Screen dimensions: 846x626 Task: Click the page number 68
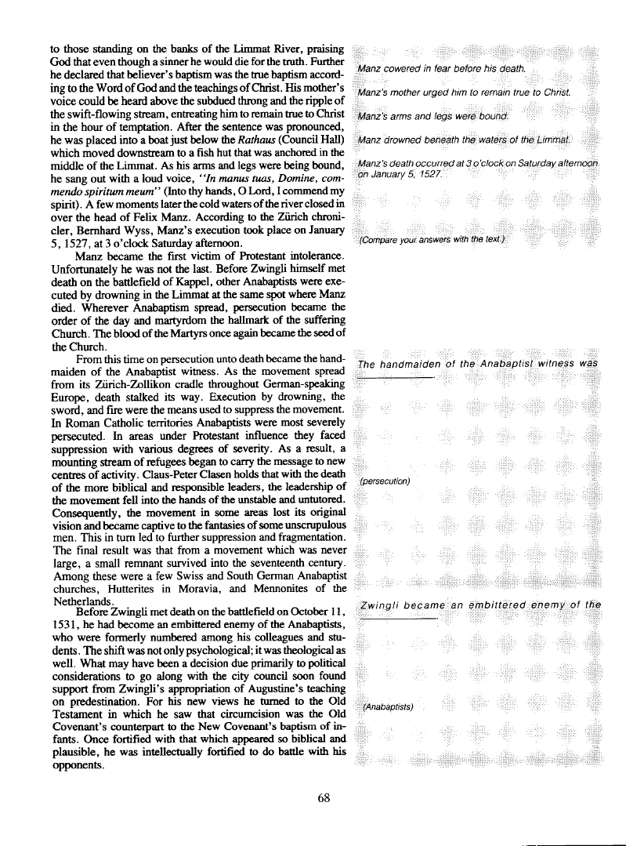pyautogui.click(x=326, y=798)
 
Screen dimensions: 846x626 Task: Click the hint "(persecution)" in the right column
pyautogui.click(x=385, y=480)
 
